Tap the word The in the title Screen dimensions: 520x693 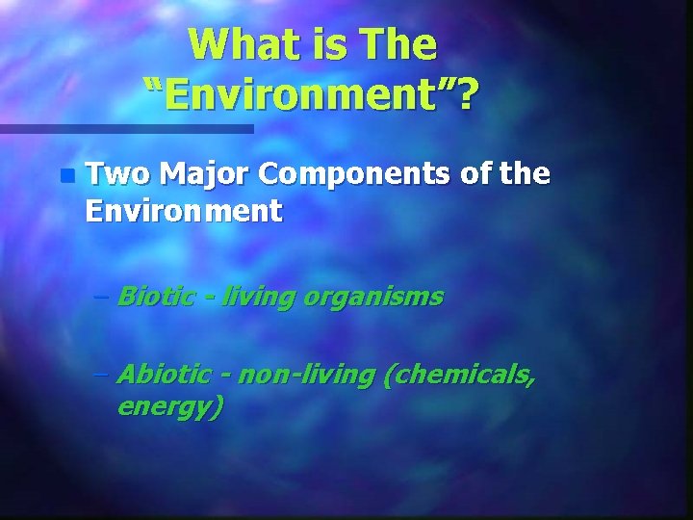point(396,44)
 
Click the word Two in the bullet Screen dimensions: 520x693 point(117,174)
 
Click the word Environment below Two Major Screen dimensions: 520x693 point(183,210)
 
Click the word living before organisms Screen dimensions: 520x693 point(259,297)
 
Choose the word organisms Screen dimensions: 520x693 point(374,297)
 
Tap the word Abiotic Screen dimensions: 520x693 point(163,374)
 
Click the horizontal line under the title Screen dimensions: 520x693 point(126,128)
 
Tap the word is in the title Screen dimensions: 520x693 point(314,44)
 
